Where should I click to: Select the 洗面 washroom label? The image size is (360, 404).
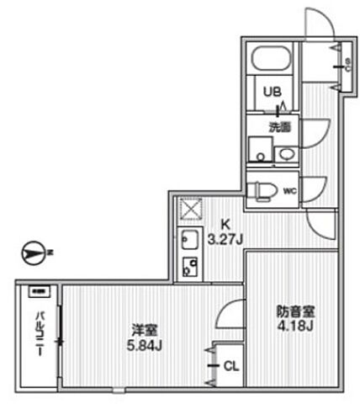click(x=278, y=129)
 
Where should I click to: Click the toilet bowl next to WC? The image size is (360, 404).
click(x=263, y=188)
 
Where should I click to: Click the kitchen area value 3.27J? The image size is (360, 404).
click(x=225, y=238)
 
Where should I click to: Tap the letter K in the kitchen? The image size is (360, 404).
click(x=225, y=225)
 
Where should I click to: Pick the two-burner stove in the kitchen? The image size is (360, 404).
click(x=189, y=268)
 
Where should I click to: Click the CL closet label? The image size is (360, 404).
click(x=230, y=366)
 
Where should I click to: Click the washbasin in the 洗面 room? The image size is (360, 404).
click(x=286, y=154)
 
